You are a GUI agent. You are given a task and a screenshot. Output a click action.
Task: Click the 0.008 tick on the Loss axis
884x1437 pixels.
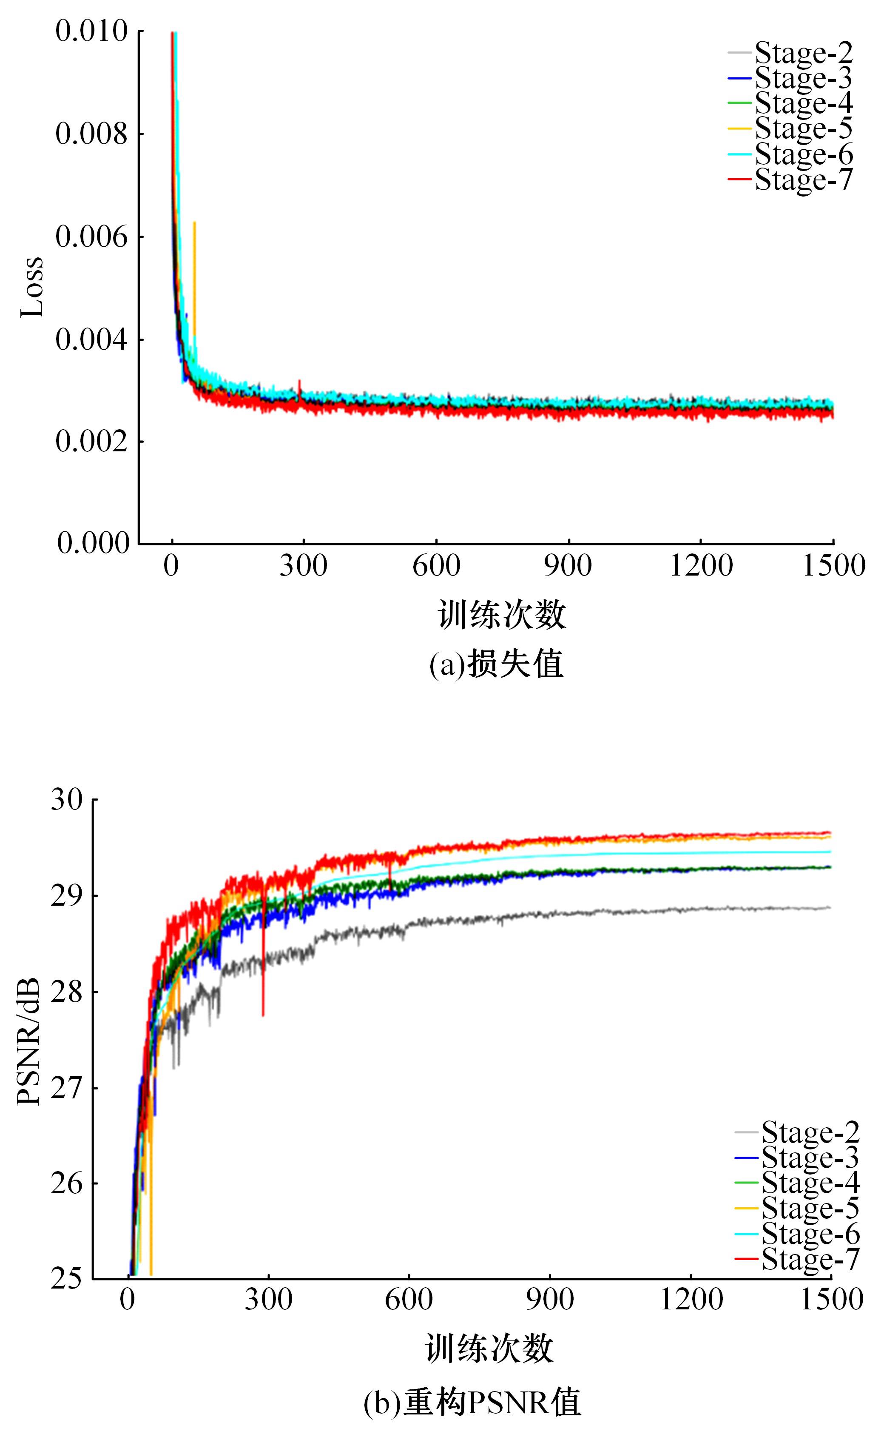point(91,134)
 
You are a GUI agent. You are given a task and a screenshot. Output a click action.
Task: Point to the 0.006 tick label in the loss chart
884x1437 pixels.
point(91,237)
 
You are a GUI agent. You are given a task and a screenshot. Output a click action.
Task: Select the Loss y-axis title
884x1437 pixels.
point(32,287)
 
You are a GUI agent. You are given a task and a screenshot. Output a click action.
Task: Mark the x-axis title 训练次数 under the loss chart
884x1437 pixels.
point(502,615)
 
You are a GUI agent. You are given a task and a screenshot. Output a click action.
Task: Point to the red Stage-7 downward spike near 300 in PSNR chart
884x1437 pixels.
point(263,994)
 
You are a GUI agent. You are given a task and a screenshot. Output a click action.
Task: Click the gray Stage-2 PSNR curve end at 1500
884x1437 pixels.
point(829,908)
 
